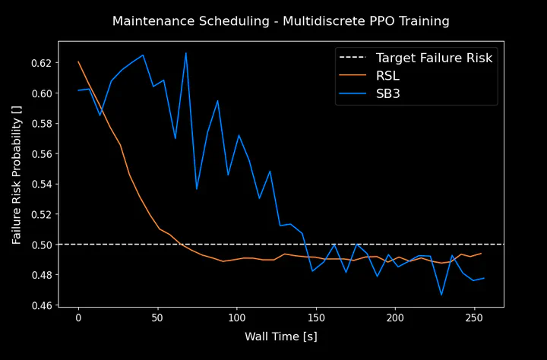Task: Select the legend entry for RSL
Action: (387, 75)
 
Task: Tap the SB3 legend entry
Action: (387, 93)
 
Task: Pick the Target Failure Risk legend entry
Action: (434, 58)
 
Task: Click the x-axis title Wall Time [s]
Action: (280, 336)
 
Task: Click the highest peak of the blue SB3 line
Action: (185, 53)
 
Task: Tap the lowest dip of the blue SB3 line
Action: (441, 295)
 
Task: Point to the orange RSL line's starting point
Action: (78, 62)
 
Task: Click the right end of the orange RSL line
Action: (482, 254)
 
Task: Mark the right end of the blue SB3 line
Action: (484, 278)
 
